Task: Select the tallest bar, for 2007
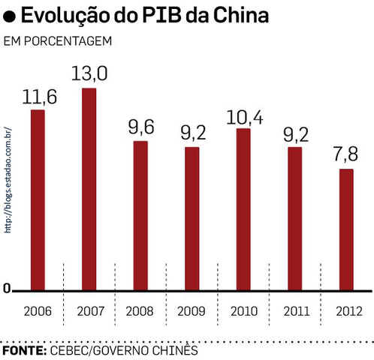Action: (x=89, y=188)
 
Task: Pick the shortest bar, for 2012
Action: (x=345, y=229)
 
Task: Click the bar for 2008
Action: (x=140, y=214)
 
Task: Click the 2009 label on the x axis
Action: (x=192, y=310)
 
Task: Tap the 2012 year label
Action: (x=345, y=310)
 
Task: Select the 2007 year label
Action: (x=89, y=310)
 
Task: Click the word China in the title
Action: (x=240, y=15)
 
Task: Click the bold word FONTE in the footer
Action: (x=24, y=350)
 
